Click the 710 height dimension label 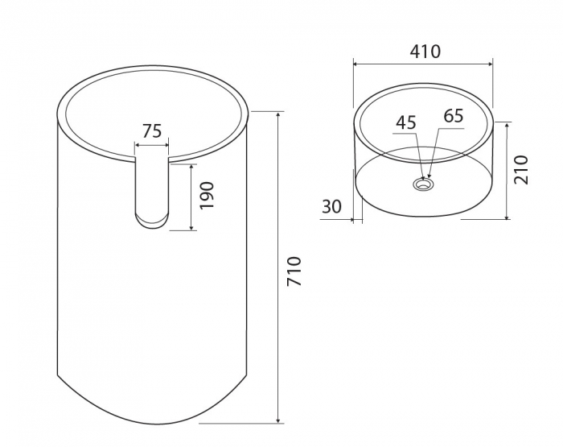click(294, 271)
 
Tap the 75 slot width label click(152, 131)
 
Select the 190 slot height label click(207, 195)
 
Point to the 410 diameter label click(425, 52)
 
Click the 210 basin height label click(521, 170)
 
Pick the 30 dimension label click(331, 206)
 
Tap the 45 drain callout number click(406, 122)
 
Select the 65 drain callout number click(454, 116)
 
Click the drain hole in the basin click(423, 184)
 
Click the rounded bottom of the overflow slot click(152, 221)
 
